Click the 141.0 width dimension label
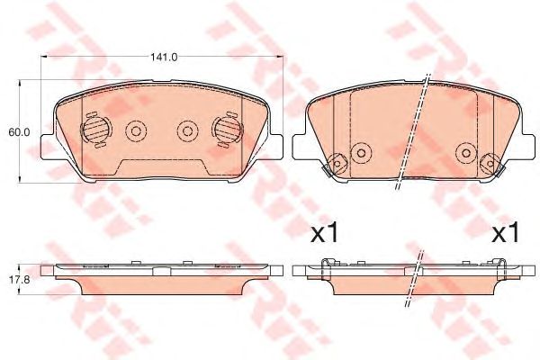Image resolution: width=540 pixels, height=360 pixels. click(x=163, y=57)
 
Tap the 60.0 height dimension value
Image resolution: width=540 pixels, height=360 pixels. click(x=20, y=131)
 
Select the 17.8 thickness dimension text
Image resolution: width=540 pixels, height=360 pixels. click(x=20, y=279)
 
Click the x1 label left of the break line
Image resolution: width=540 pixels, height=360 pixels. click(x=323, y=235)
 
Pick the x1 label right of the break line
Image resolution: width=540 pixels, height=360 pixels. click(x=505, y=235)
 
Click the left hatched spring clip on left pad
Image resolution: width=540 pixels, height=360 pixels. click(x=93, y=131)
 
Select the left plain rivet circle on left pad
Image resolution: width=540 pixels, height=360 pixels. click(x=137, y=131)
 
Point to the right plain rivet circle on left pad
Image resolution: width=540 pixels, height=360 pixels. click(x=186, y=131)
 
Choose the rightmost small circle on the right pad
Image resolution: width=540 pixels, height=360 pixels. click(x=490, y=165)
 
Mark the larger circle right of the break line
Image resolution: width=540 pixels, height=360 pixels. click(x=465, y=152)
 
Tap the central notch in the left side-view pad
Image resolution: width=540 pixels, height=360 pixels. click(x=163, y=270)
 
